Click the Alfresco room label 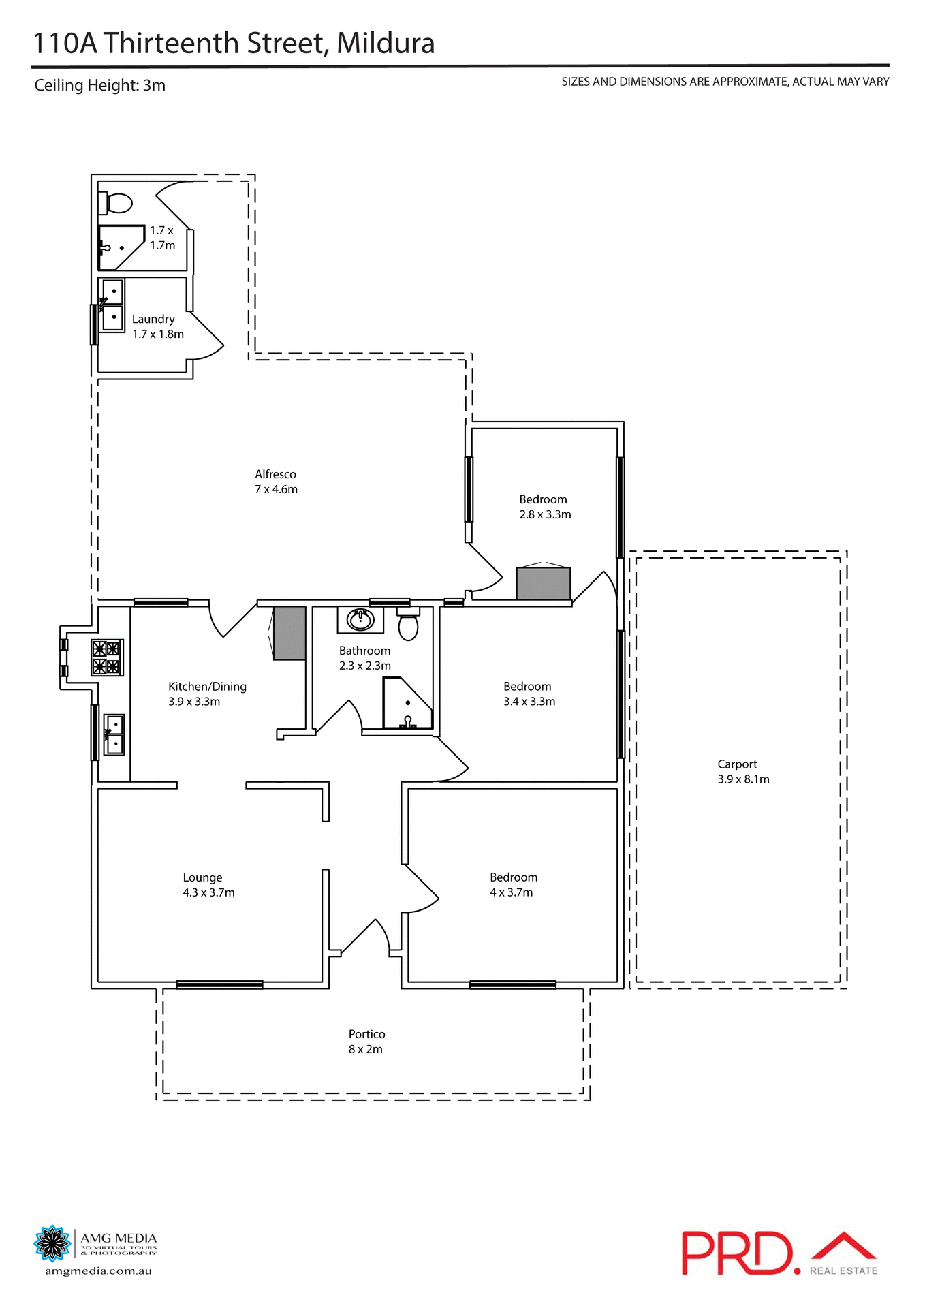[x=276, y=482]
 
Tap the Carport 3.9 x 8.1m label [x=743, y=772]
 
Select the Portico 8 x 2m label [x=366, y=1042]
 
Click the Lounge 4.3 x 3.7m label [x=208, y=885]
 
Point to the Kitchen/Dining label [x=207, y=687]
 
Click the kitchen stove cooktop [x=107, y=657]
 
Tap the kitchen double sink [x=114, y=735]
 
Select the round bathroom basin [x=360, y=620]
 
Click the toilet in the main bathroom [x=408, y=625]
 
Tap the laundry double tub [x=112, y=305]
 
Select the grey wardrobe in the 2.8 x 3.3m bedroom [x=543, y=584]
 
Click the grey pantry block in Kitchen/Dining [x=289, y=634]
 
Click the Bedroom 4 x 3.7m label [x=513, y=885]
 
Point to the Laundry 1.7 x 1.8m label [x=157, y=326]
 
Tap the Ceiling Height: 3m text [x=100, y=86]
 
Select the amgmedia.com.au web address [x=98, y=1271]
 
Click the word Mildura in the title [x=386, y=44]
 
